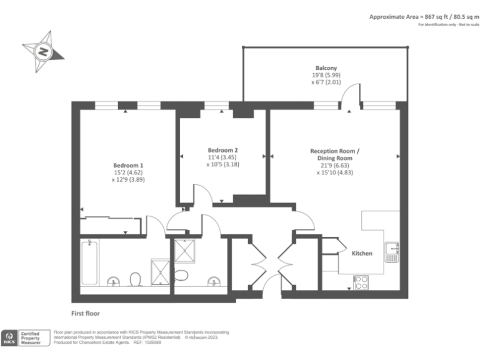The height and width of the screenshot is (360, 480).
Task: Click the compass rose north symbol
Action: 42,51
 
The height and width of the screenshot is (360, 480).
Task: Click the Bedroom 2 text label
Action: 222,150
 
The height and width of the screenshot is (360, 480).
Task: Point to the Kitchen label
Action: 362,253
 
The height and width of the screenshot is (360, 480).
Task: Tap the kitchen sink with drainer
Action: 392,252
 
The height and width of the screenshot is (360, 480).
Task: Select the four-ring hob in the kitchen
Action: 361,282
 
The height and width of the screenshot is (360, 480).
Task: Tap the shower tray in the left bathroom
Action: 160,271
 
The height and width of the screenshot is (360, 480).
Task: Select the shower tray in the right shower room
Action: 186,251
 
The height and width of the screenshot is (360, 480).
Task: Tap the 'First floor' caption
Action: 85,313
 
